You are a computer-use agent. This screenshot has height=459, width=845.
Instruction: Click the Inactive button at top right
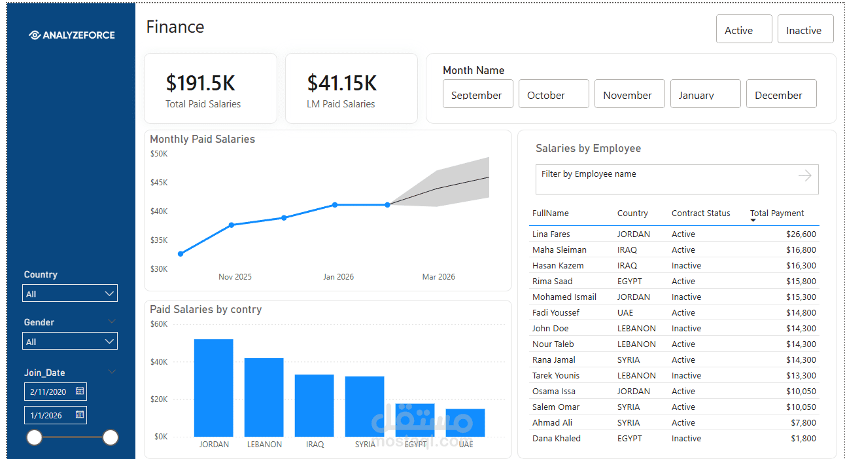point(805,29)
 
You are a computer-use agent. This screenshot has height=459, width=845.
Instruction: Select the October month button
point(553,94)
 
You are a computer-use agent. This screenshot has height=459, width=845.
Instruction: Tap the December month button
point(781,94)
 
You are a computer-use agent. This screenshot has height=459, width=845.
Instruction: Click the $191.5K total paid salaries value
point(200,83)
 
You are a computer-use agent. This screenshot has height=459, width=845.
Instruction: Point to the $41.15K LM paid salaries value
point(342,83)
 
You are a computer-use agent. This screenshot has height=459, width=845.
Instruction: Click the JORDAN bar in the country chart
point(213,388)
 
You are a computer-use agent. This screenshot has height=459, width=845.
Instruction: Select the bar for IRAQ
point(314,405)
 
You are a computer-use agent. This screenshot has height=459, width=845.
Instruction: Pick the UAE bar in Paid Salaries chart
point(465,422)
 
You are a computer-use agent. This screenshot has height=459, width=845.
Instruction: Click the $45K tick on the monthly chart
point(159,183)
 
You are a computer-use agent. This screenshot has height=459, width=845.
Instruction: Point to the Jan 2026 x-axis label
point(338,277)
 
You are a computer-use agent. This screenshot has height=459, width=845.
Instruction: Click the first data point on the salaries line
point(181,254)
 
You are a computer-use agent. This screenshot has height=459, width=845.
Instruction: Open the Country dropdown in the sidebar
point(70,294)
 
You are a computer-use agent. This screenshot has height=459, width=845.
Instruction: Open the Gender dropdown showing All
point(70,342)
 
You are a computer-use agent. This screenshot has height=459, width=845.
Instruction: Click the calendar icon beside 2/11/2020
point(80,392)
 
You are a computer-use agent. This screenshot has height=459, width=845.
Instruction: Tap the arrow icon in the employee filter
point(804,175)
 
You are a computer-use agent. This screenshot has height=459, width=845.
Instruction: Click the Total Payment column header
point(776,213)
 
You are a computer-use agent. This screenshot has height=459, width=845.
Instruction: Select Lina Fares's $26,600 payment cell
point(801,234)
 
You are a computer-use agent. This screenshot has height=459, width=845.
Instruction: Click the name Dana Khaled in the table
point(557,439)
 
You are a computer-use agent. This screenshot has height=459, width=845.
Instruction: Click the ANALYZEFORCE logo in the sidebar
point(72,35)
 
